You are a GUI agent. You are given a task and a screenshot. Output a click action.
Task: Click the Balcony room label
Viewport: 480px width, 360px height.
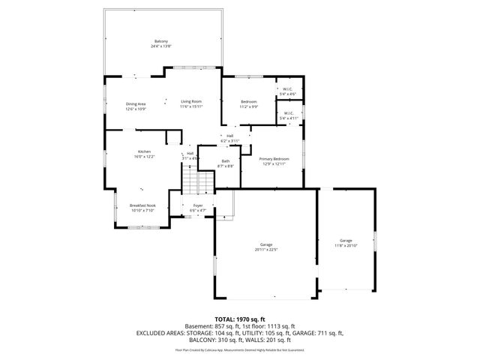pos(161,40)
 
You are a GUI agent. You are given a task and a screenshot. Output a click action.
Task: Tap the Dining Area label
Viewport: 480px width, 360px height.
pos(136,103)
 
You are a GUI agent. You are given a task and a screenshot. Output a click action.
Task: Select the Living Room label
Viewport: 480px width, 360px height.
pos(191,101)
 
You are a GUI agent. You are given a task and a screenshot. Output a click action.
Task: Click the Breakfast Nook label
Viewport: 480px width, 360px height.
pos(142,205)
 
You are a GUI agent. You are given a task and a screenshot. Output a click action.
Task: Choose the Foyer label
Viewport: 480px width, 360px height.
pos(198,205)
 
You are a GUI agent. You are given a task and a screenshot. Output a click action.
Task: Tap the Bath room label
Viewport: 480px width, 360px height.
pos(226,160)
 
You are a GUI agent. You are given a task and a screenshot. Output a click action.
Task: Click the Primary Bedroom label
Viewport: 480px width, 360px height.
pos(274,159)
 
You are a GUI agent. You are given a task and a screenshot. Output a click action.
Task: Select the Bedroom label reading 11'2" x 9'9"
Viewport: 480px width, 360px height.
pos(249,101)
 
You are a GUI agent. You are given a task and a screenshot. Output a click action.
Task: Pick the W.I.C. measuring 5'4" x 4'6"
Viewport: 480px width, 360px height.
pos(288,89)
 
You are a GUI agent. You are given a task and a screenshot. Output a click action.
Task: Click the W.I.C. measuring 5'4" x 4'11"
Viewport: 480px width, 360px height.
pos(289,114)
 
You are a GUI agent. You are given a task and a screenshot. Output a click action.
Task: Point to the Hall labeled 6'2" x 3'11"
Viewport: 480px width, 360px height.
pos(229,136)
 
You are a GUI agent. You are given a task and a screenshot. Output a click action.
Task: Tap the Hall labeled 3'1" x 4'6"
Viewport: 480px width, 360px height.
pos(190,153)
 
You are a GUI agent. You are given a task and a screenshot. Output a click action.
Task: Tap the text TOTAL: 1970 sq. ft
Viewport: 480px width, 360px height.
pos(239,319)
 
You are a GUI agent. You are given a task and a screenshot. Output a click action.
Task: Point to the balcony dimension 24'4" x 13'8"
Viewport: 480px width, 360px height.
pos(161,46)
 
